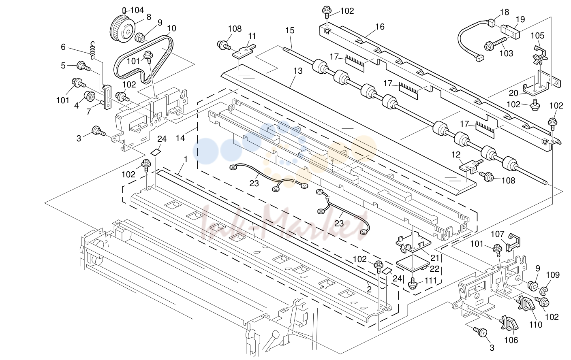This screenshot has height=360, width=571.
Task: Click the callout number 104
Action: [137, 10]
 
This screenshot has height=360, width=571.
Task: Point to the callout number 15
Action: [290, 30]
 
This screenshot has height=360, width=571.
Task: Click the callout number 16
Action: [380, 26]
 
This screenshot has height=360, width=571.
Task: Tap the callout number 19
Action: [520, 19]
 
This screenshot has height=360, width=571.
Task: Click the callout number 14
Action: [180, 138]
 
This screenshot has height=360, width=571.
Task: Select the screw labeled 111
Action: [413, 283]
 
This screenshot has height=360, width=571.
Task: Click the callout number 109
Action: [553, 275]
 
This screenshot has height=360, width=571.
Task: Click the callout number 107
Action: [498, 234]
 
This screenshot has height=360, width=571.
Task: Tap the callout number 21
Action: [435, 258]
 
